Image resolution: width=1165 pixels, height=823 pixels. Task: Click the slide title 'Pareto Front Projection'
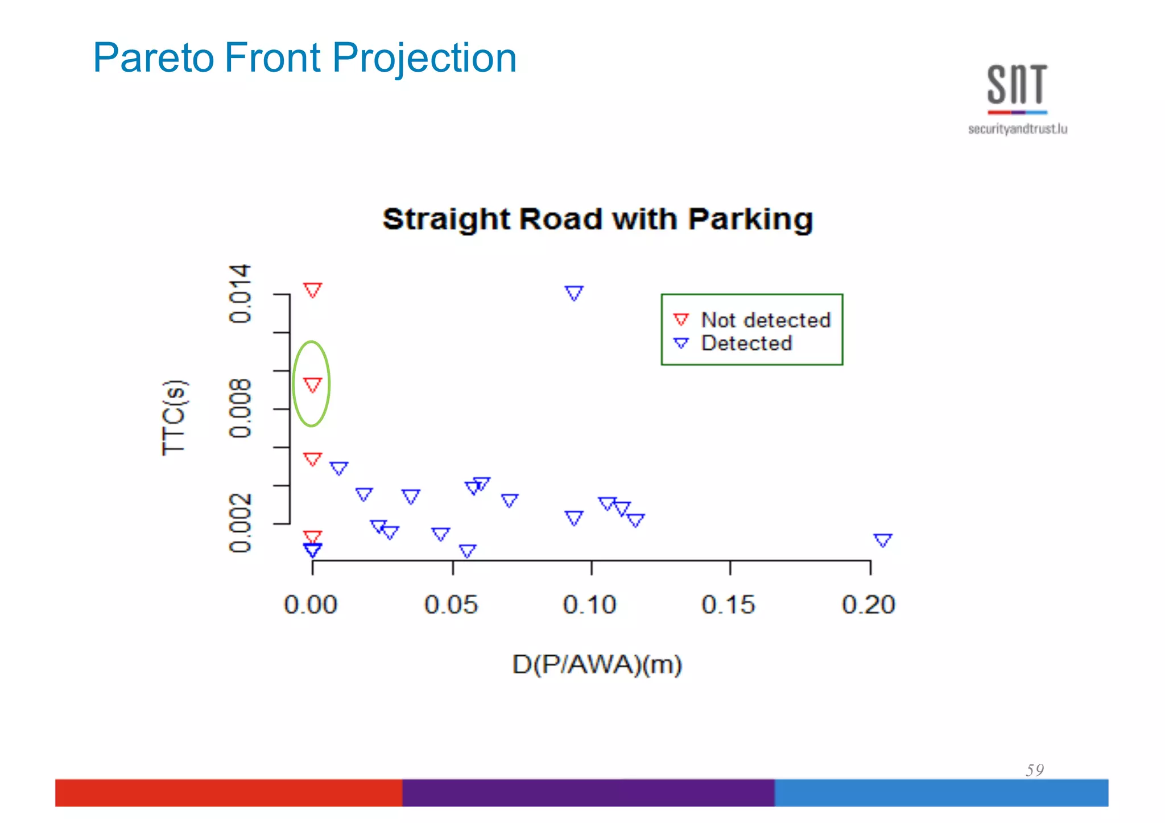point(304,58)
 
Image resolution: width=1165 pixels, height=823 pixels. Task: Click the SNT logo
point(1017,85)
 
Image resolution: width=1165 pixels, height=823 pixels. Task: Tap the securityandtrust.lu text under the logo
point(1017,129)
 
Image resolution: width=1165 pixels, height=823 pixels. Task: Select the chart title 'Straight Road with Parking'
point(597,220)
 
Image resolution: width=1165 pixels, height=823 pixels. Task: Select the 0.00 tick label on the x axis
point(311,605)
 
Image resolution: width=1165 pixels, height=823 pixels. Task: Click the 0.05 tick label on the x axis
point(451,605)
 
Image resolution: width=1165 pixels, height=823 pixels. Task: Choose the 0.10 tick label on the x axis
point(590,605)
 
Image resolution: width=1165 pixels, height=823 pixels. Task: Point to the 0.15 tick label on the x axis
point(729,605)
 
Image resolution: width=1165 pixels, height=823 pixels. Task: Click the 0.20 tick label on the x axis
point(869,605)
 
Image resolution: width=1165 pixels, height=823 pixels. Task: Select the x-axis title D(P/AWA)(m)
point(597,664)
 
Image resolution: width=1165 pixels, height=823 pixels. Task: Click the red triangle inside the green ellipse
point(312,385)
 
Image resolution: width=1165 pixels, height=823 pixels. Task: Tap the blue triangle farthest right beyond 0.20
point(883,540)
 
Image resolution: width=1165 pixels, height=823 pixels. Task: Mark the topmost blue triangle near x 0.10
point(574,293)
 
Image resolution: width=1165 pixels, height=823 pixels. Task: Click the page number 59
point(1035,770)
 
